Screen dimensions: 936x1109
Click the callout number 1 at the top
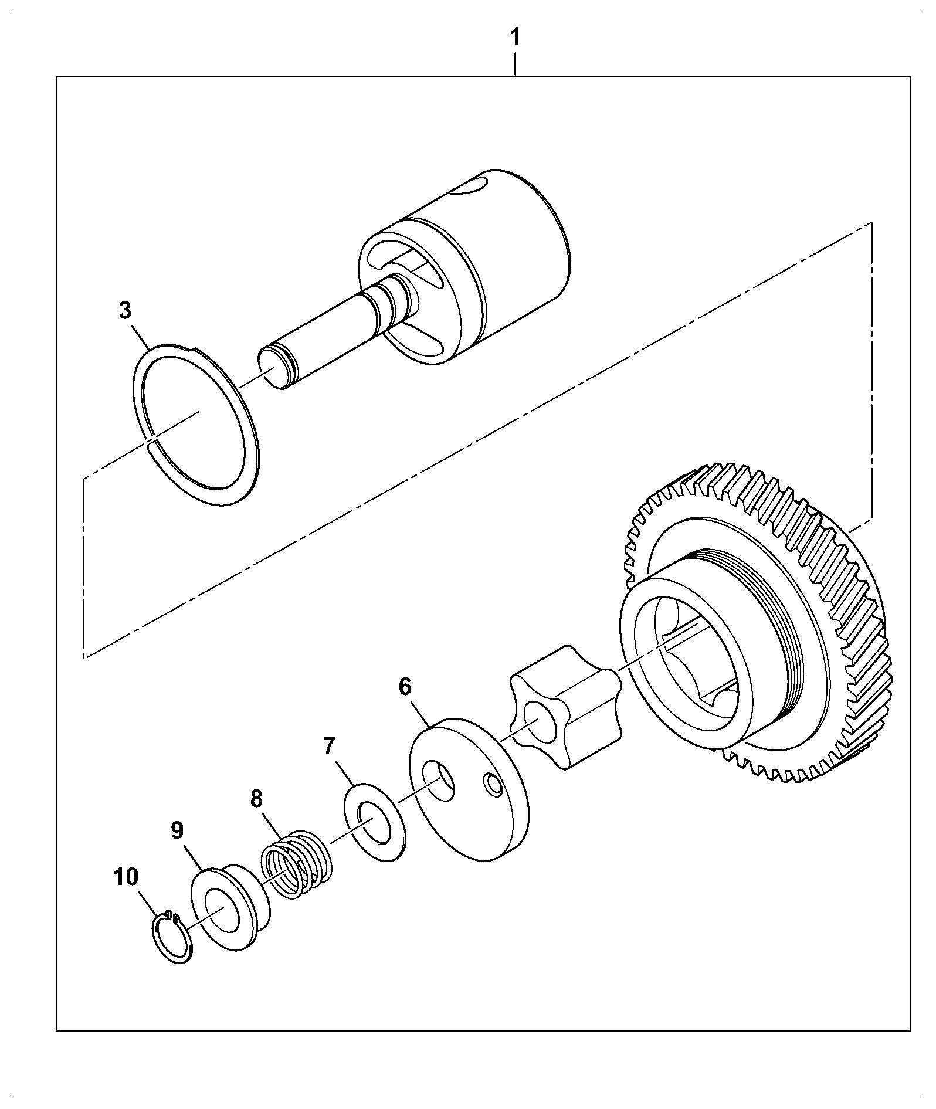(515, 38)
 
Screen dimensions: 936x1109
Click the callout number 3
(125, 311)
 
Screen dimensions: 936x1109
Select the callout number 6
(405, 687)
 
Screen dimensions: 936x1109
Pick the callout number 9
(177, 830)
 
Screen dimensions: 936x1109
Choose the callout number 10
(126, 877)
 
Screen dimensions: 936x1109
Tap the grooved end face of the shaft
(273, 368)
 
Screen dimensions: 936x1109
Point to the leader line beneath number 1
(515, 64)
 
